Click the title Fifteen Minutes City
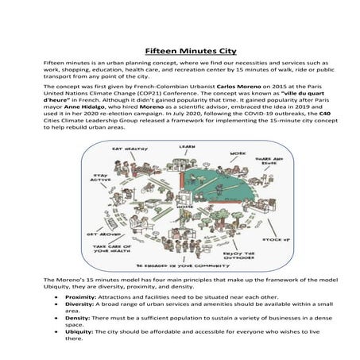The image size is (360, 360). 180,49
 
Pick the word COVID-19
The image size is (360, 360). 224,114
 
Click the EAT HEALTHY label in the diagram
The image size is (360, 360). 126,149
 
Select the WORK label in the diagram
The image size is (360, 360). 237,153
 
